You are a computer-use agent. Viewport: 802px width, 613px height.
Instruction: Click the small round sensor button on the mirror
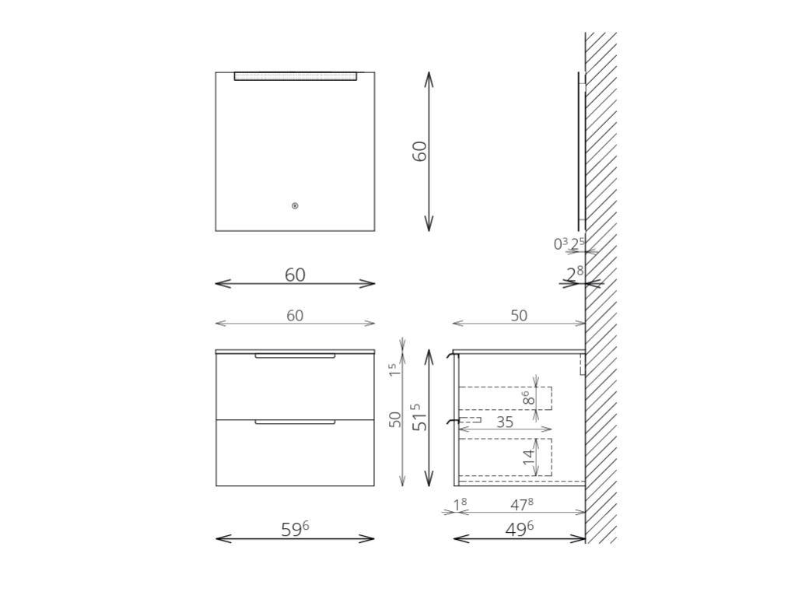click(x=295, y=205)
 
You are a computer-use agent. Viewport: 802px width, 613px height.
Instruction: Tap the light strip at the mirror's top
click(x=295, y=76)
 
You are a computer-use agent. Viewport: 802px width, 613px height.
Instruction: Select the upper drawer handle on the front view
click(x=295, y=355)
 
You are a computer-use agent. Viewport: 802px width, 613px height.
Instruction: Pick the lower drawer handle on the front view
click(x=295, y=422)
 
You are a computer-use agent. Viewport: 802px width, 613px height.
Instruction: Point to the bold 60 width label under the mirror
click(x=295, y=275)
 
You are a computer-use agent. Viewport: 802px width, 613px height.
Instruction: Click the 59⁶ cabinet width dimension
click(x=295, y=529)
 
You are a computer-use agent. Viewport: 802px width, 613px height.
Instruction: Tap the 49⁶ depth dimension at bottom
click(x=519, y=529)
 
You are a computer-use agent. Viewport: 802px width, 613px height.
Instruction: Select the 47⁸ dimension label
click(x=522, y=505)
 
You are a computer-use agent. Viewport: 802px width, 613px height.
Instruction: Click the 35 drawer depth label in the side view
click(x=505, y=422)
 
